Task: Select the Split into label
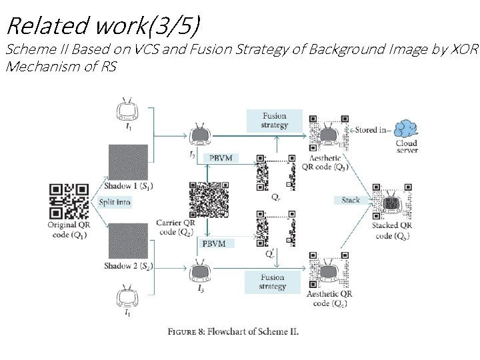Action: click(115, 202)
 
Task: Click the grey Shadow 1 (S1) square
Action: click(128, 162)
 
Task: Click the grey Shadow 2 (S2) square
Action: click(128, 241)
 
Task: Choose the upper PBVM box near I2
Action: click(221, 159)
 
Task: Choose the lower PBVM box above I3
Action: click(214, 243)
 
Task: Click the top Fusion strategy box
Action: click(275, 121)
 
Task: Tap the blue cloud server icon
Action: click(407, 129)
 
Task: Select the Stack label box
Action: click(351, 200)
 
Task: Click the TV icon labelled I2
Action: click(199, 135)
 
